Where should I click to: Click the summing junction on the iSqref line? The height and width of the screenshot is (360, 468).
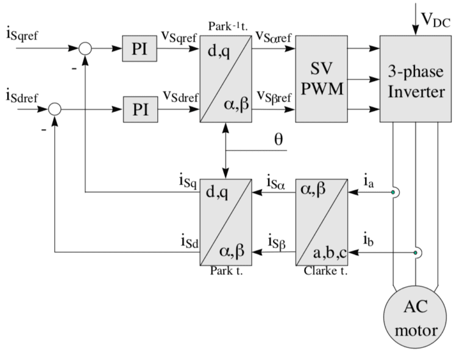pyautogui.click(x=85, y=49)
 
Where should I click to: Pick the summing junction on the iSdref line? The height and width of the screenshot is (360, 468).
pyautogui.click(x=55, y=110)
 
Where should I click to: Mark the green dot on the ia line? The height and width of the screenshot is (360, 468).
pyautogui.click(x=394, y=194)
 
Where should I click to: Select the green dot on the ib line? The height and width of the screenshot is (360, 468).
pyautogui.click(x=416, y=252)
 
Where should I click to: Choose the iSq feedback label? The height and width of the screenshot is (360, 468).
pyautogui.click(x=188, y=181)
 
